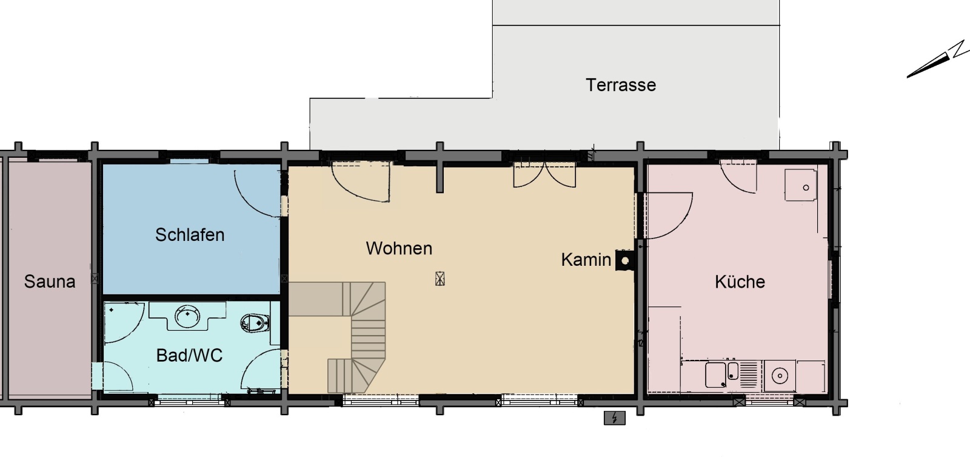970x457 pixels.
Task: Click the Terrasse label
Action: (621, 85)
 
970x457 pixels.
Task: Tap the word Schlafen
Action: (190, 235)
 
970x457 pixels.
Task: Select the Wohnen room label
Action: (399, 248)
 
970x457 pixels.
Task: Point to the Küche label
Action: (740, 282)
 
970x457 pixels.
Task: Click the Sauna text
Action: (50, 282)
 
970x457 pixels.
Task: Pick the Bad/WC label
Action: (189, 356)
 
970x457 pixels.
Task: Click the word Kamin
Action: (586, 260)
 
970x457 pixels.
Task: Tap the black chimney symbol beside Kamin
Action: (625, 260)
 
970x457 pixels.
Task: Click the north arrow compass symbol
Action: (937, 60)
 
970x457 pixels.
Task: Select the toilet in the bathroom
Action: (255, 323)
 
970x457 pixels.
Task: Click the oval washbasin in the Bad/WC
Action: (187, 316)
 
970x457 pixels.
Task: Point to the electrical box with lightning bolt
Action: (615, 418)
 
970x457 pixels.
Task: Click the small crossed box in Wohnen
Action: (440, 279)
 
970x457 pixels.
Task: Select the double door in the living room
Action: (544, 174)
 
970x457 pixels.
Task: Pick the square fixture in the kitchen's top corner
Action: (801, 185)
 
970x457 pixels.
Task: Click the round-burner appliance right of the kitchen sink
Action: (780, 376)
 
